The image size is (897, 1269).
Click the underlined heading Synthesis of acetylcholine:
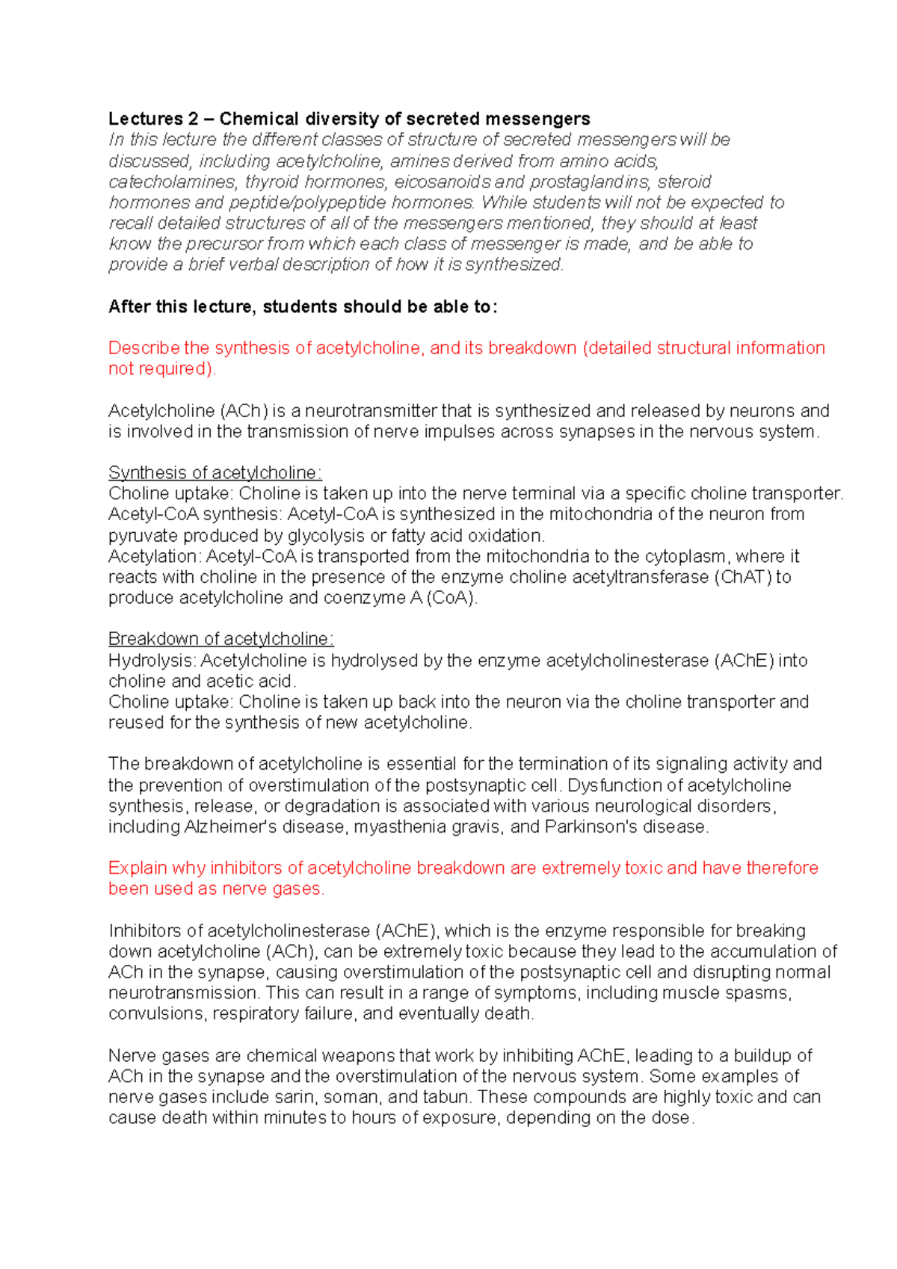[x=215, y=473]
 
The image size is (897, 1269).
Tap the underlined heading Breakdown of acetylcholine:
[x=221, y=639]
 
